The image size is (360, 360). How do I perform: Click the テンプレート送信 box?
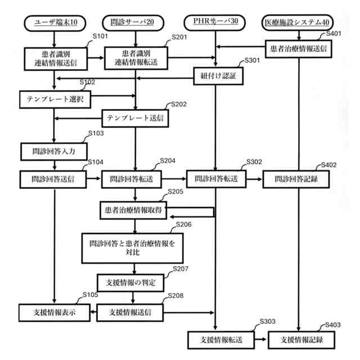click(x=135, y=119)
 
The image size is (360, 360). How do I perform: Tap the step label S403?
click(x=334, y=326)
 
